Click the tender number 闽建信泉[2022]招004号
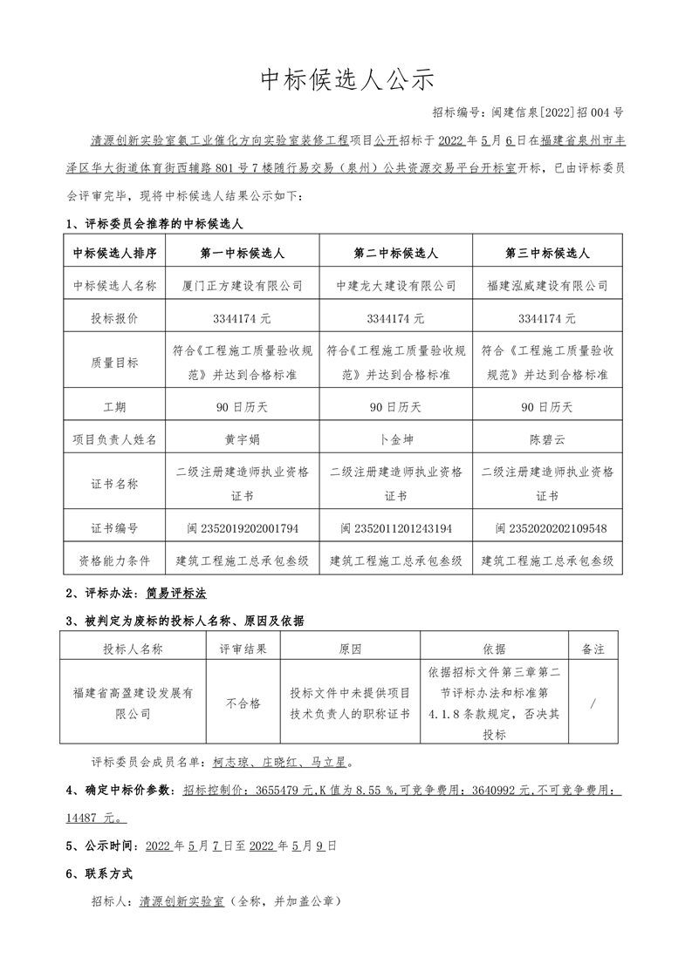coord(527,112)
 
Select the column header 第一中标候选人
coord(243,253)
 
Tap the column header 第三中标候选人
coord(547,253)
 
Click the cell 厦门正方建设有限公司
coord(243,285)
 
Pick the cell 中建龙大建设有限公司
coord(396,285)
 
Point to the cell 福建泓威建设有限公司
coord(547,285)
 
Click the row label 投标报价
coord(114,318)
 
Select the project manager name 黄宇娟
coord(243,439)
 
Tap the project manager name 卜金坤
coord(396,439)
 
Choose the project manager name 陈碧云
coord(547,439)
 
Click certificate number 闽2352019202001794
coord(243,528)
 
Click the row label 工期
coord(114,407)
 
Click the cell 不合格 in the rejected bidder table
coord(243,703)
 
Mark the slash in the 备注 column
coord(593,703)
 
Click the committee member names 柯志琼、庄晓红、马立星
coord(281,762)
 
